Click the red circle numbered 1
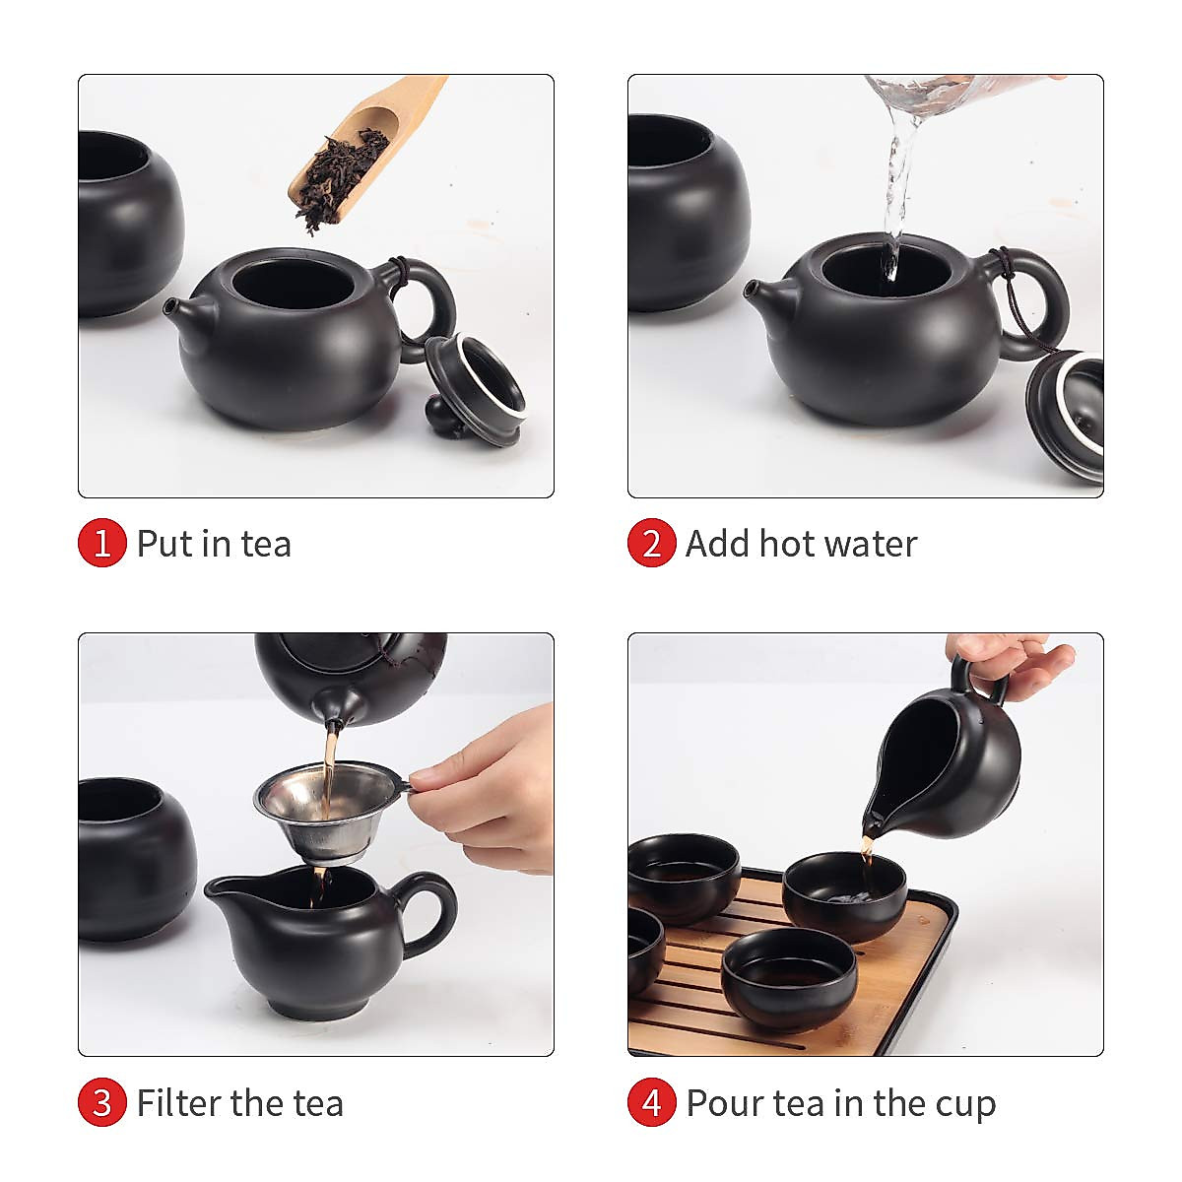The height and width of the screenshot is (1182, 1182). [102, 543]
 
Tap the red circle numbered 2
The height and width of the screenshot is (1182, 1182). [651, 543]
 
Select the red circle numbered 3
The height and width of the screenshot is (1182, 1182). [102, 1102]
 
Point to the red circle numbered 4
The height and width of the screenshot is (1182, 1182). [651, 1102]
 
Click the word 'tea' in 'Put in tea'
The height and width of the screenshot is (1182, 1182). [266, 544]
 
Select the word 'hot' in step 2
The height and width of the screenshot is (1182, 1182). [796, 544]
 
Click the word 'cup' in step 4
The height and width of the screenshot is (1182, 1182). [964, 1104]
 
